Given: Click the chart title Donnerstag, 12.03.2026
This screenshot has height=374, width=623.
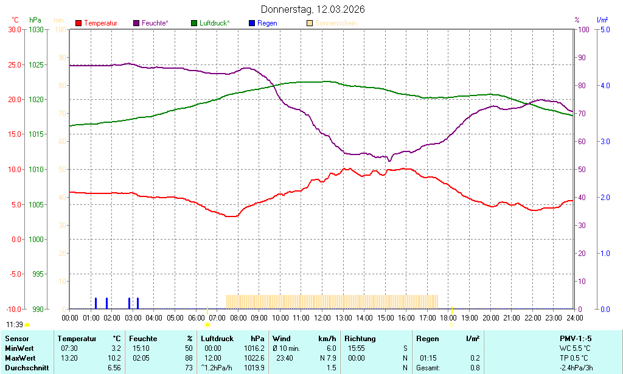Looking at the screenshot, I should pos(313,10).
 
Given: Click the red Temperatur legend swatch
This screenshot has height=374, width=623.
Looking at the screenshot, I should pos(78,23).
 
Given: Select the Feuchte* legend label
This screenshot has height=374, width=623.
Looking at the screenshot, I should pos(155,23).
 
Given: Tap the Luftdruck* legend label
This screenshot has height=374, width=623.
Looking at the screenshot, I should pos(215,23).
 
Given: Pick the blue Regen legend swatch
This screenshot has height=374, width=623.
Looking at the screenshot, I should pos(252,23).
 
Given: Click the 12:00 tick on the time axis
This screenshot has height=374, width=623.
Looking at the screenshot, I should pos(322,317).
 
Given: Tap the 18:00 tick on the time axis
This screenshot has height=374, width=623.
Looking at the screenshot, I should pos(448,317).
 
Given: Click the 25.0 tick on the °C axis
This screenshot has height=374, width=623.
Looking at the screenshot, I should pos(13,64).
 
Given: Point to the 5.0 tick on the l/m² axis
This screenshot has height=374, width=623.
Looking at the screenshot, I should pos(605,29).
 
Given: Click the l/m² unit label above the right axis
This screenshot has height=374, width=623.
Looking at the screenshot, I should pos(602,20).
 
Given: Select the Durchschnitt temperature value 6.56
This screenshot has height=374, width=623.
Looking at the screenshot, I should pos(114,368).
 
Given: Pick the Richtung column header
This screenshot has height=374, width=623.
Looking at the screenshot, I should pos(360,338).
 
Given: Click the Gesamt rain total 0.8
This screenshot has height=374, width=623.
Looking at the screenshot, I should pos(475,368).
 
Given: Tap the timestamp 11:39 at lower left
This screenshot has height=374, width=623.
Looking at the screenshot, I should pos(15,325).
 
